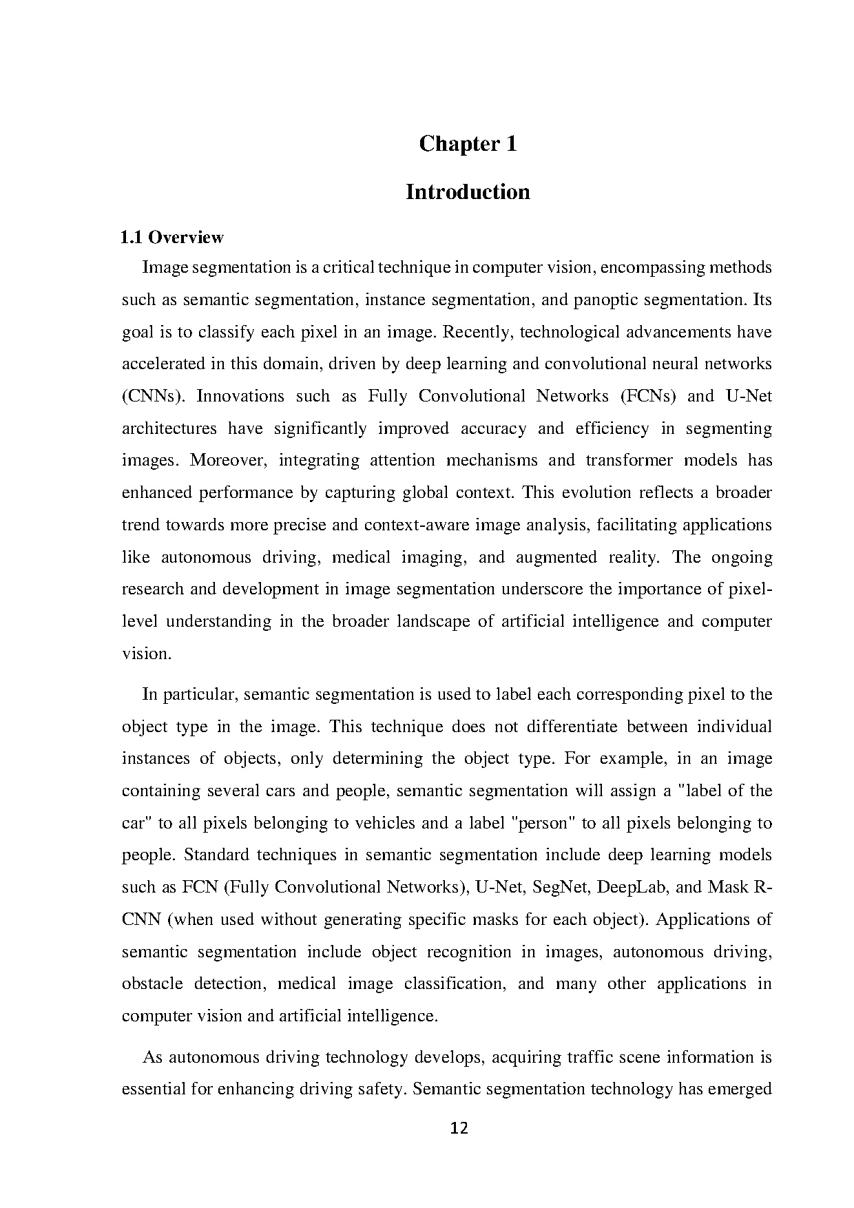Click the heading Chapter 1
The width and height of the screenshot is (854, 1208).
coord(468,144)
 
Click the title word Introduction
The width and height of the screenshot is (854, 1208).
coord(468,191)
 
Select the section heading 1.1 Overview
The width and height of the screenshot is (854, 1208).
coord(172,238)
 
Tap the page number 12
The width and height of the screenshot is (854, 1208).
coord(459,1128)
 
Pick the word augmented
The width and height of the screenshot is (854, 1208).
coord(556,557)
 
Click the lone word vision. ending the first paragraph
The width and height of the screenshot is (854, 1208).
coord(146,654)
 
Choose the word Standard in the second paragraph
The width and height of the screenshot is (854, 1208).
coord(216,855)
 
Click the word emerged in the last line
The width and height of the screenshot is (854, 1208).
coord(738,1090)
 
